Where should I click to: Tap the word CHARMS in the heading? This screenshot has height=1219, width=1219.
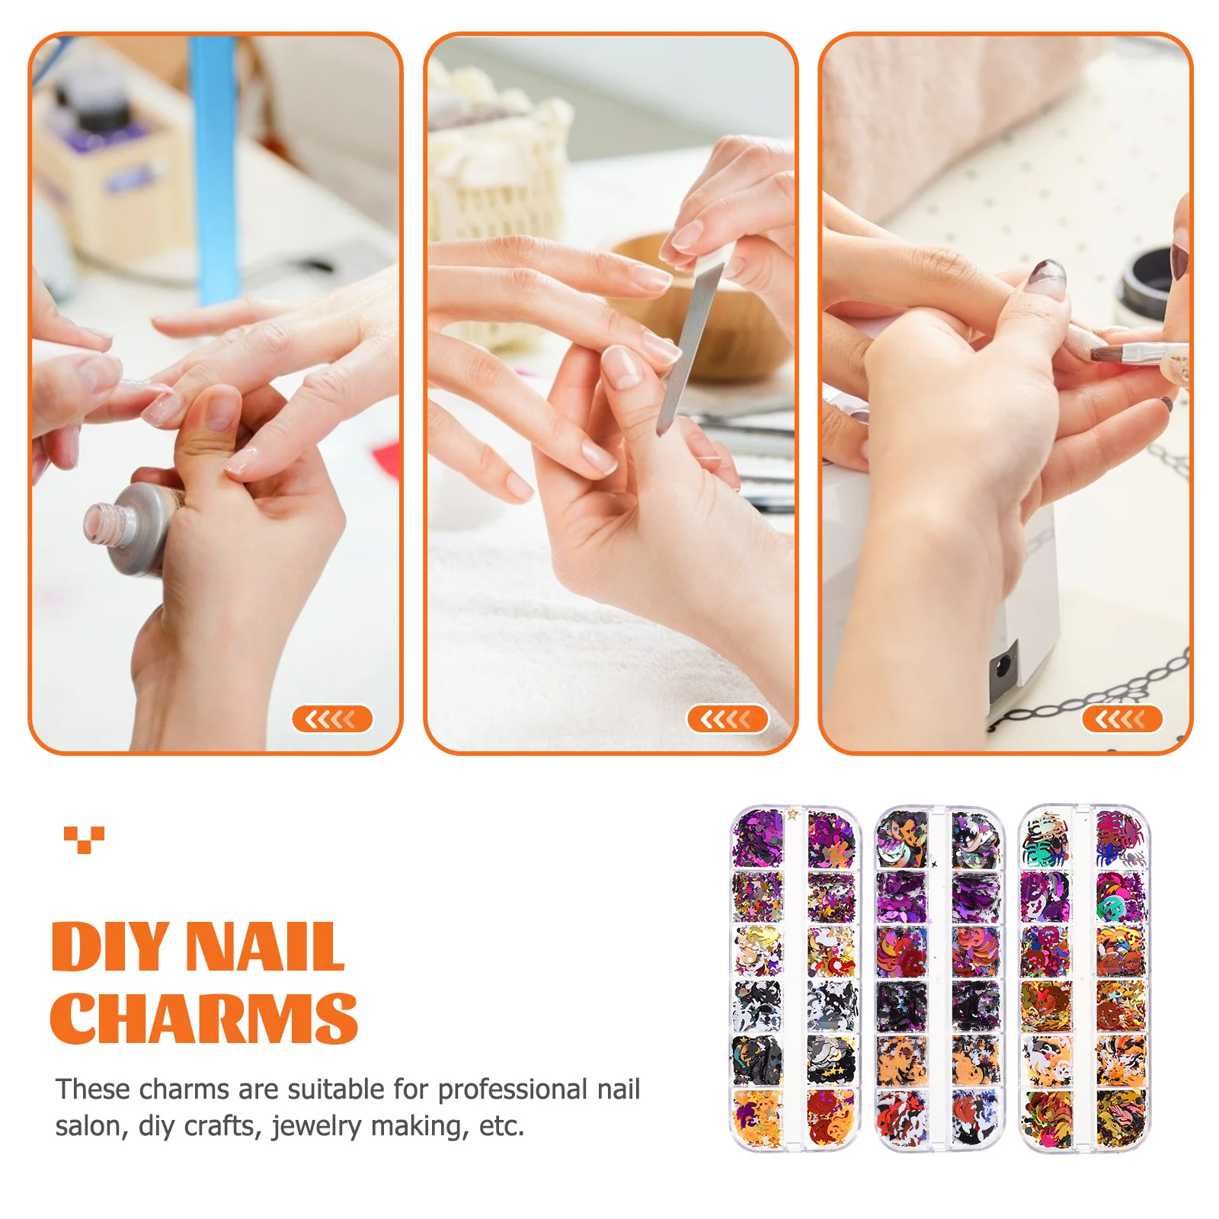[203, 1018]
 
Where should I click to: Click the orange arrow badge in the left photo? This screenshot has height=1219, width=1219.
[331, 718]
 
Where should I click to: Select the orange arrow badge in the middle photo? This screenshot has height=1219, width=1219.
[727, 718]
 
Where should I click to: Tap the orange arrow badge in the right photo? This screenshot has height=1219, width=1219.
[1121, 718]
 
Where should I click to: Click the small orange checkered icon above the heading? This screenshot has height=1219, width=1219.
[84, 839]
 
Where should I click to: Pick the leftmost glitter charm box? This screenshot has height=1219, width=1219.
[794, 978]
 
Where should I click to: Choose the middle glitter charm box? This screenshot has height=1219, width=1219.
[939, 978]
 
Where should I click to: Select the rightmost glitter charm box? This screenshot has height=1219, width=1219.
[1083, 978]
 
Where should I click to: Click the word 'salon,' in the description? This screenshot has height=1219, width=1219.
[91, 1126]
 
